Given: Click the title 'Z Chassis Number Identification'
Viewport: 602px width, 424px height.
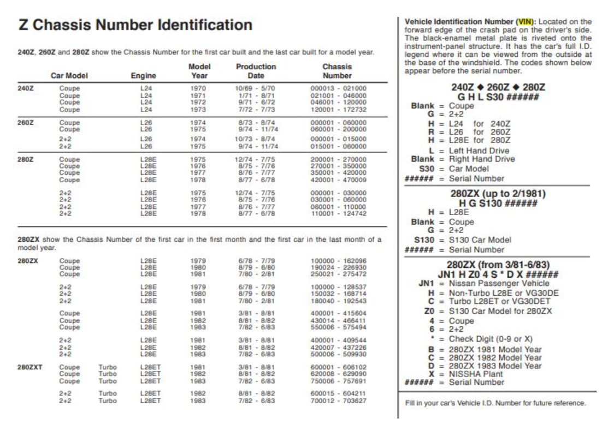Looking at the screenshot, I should (x=135, y=25).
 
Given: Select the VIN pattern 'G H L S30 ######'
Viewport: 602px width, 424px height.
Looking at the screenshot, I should (x=495, y=97).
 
